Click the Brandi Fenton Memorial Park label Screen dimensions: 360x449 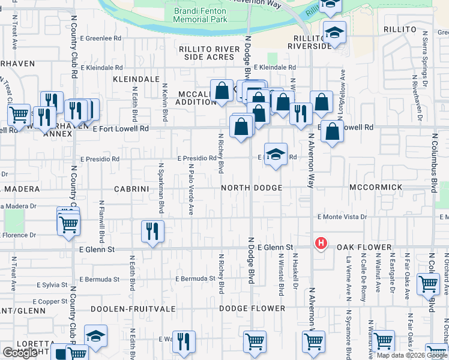coord(199,15)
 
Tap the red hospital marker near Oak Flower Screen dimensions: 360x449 coord(321,243)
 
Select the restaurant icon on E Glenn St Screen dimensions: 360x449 coord(152,231)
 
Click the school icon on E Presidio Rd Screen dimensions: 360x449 coord(276,154)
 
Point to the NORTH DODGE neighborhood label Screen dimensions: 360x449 coord(251,188)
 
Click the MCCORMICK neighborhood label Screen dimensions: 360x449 coord(376,188)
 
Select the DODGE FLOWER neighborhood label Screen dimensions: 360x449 coord(252,308)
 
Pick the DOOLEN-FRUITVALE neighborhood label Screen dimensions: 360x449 coord(133,308)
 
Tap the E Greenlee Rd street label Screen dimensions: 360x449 coord(96,38)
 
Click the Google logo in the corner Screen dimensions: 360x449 coord(20,353)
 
